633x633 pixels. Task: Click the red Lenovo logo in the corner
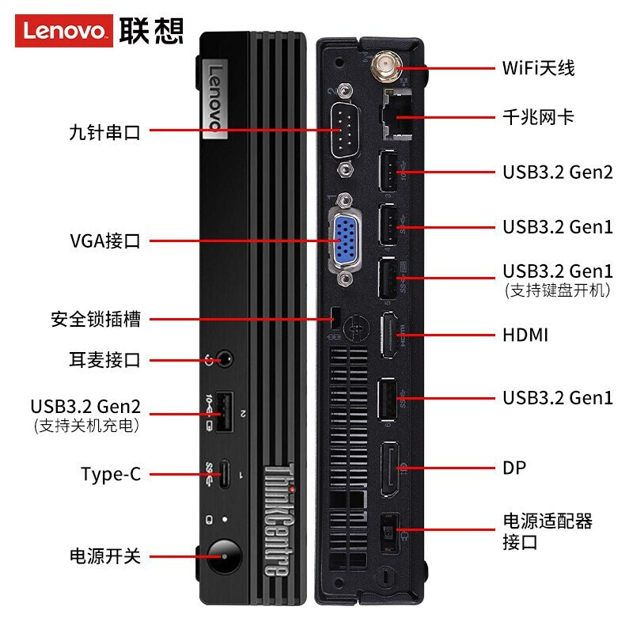tap(64, 31)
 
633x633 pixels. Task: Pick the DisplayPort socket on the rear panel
tap(389, 469)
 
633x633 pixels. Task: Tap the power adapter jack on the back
tap(389, 533)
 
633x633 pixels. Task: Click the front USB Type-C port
tap(226, 474)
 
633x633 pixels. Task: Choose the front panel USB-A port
tap(225, 411)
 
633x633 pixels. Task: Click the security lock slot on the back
tap(335, 318)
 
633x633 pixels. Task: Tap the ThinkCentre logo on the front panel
tap(279, 520)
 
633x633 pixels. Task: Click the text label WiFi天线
tap(538, 68)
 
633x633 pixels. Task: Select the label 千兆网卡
tap(538, 117)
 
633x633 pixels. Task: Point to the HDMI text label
tap(525, 335)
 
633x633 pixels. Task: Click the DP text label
tap(514, 468)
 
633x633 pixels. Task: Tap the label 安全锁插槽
tap(96, 319)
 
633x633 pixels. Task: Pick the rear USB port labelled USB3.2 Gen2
tap(388, 171)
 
